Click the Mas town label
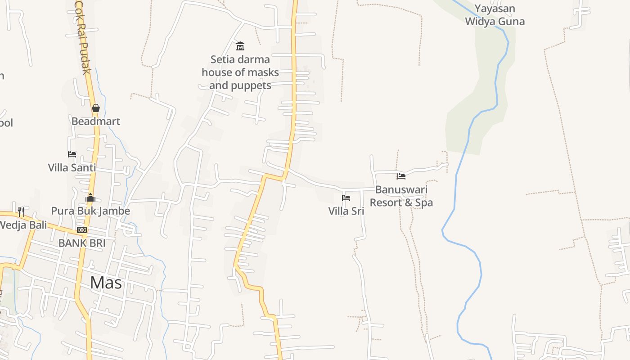point(106,283)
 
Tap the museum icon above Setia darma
point(240,46)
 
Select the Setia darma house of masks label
point(240,72)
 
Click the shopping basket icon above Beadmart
point(95,108)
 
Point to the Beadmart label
point(96,121)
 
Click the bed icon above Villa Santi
point(72,154)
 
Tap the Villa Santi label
point(72,168)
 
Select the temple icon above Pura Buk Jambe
point(90,198)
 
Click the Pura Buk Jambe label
point(90,211)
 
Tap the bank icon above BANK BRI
point(82,230)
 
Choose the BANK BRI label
point(82,243)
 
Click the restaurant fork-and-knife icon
point(21,211)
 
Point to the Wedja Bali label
point(22,225)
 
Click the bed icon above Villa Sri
point(346,198)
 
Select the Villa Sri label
point(346,211)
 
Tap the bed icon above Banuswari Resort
point(401,176)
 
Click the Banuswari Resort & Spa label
point(401,196)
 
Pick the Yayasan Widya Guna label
point(495,15)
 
